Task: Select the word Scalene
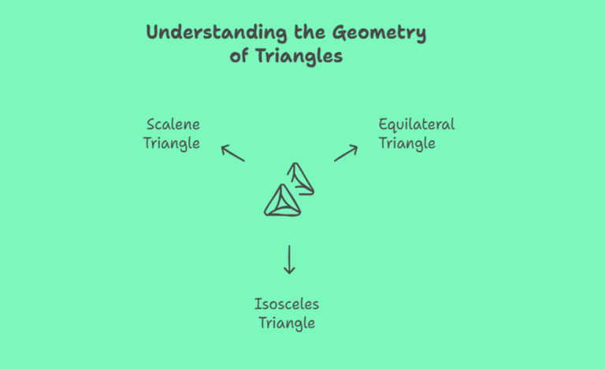(x=173, y=124)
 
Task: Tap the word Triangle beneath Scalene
(x=171, y=143)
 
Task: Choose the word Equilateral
(x=417, y=124)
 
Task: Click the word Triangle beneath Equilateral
(x=407, y=143)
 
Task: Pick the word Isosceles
(x=287, y=304)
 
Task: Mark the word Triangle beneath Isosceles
(x=287, y=323)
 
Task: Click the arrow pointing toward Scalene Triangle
(x=232, y=153)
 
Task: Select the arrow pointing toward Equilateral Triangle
(x=346, y=153)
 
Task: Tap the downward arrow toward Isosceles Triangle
(x=289, y=259)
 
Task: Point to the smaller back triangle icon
(x=302, y=179)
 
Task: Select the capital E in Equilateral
(x=384, y=124)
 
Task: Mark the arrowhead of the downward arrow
(x=289, y=270)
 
